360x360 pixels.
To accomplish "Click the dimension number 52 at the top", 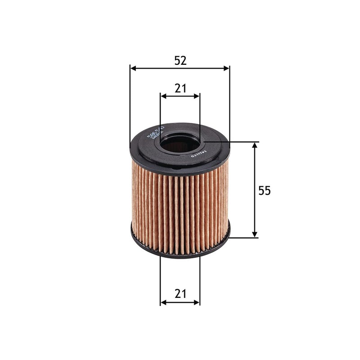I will [x=180, y=61].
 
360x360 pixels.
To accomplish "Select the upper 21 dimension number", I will [x=180, y=89].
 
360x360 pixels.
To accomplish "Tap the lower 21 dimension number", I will [x=180, y=294].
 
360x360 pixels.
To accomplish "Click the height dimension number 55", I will [x=265, y=191].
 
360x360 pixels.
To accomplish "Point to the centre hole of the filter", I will [x=179, y=145].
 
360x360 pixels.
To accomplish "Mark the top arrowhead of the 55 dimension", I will [x=255, y=145].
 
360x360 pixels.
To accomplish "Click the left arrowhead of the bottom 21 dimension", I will [x=163, y=302].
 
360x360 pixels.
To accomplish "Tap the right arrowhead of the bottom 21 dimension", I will [x=197, y=302].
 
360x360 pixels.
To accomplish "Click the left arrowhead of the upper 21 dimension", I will [x=163, y=96].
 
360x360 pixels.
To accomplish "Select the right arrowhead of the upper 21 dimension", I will [x=197, y=96].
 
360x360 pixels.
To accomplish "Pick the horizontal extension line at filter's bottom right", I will [x=243, y=238].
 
